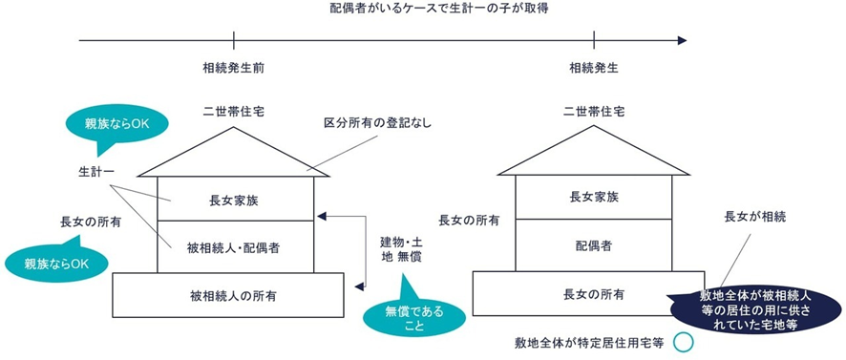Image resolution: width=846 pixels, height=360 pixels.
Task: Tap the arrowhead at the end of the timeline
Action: point(680,41)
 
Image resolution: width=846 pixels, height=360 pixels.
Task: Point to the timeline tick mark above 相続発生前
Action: point(234,41)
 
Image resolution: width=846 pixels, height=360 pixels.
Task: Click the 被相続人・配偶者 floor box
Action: point(234,247)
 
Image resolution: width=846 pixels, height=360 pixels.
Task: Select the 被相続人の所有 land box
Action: point(228,295)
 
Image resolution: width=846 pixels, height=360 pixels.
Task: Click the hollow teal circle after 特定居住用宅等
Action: point(681,342)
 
